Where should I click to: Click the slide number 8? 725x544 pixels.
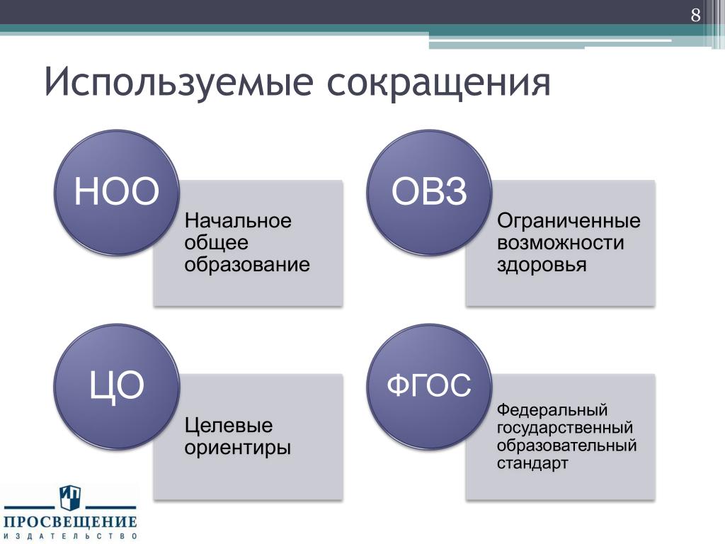click(x=695, y=16)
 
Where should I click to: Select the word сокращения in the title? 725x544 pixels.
click(x=439, y=84)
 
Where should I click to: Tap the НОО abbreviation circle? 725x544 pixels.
click(x=117, y=192)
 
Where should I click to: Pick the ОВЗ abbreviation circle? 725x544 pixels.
click(x=429, y=192)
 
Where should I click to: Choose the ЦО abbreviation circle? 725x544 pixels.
click(x=117, y=386)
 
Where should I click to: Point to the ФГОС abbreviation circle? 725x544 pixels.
click(x=429, y=386)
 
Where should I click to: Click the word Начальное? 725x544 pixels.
click(x=238, y=221)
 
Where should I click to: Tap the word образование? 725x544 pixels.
click(x=247, y=265)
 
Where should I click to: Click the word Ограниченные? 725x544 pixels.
click(x=569, y=222)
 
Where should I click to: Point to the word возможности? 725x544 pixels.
click(x=561, y=243)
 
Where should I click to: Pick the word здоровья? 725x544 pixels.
click(x=542, y=266)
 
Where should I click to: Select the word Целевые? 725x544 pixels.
click(x=229, y=426)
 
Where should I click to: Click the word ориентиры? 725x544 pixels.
click(x=238, y=448)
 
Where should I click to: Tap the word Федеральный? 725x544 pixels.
click(x=552, y=410)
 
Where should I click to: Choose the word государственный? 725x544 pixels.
click(x=564, y=429)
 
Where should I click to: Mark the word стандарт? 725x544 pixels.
click(x=532, y=463)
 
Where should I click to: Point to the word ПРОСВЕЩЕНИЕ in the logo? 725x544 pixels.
click(x=70, y=522)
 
